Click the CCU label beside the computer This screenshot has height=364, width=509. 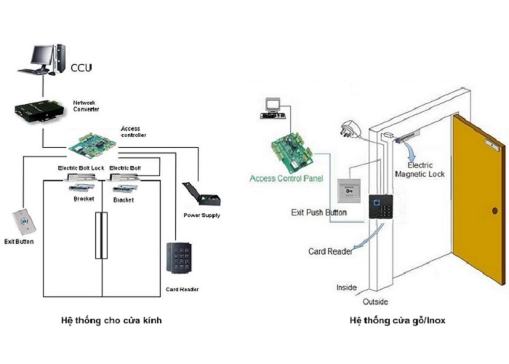[81, 68]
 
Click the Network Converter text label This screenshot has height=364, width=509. [86, 106]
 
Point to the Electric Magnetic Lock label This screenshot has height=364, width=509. [420, 170]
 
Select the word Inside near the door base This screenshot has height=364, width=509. [346, 288]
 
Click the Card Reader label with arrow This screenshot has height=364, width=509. [330, 251]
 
